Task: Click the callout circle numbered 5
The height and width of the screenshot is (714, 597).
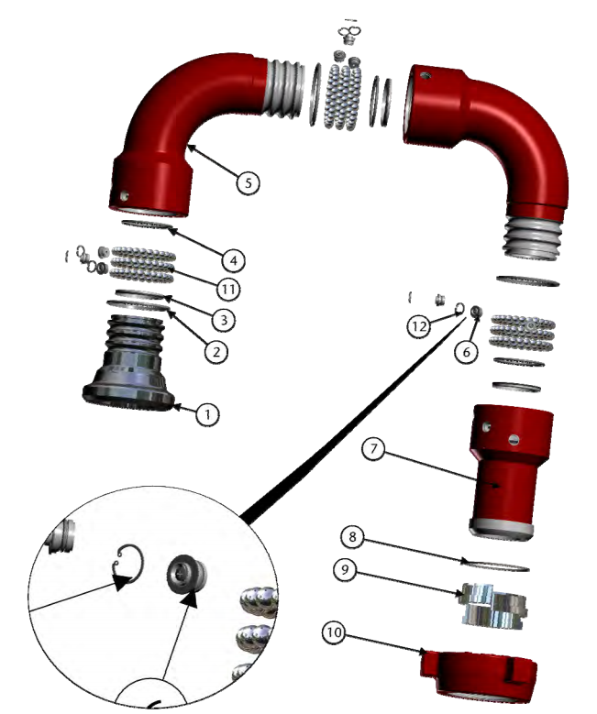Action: click(x=248, y=183)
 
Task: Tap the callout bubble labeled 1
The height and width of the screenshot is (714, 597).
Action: click(x=207, y=415)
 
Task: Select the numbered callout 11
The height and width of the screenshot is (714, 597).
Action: click(x=228, y=289)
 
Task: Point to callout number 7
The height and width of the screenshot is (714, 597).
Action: click(x=373, y=449)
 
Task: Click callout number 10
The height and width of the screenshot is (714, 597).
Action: click(x=334, y=632)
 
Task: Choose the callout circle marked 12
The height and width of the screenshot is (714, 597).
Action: click(x=419, y=326)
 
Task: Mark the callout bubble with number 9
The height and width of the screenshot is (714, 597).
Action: click(x=345, y=570)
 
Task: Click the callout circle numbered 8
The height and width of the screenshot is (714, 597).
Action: click(x=352, y=537)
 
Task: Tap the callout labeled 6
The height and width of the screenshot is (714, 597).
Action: click(x=466, y=352)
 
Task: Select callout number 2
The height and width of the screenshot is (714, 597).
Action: click(x=216, y=352)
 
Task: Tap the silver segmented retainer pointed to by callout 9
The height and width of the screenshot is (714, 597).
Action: click(x=494, y=606)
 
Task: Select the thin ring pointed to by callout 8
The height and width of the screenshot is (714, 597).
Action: click(x=495, y=565)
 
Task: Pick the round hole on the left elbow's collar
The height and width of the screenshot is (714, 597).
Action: click(x=124, y=196)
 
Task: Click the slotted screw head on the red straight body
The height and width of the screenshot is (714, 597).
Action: click(x=514, y=439)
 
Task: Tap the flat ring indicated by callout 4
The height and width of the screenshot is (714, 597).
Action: click(x=148, y=225)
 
